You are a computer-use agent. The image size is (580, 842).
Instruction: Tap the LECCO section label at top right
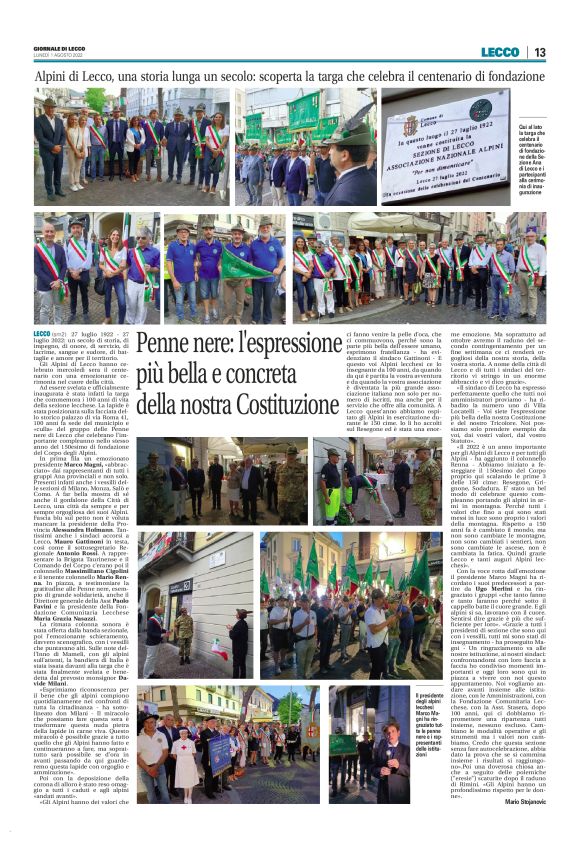pyautogui.click(x=500, y=52)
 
